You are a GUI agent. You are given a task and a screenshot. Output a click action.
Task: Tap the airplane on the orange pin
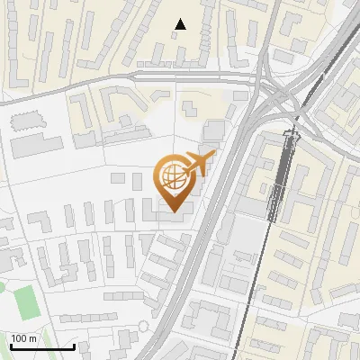click(x=197, y=164)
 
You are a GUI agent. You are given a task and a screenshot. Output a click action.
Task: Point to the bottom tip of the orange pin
click(x=171, y=212)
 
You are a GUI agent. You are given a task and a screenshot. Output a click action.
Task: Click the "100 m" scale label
click(x=23, y=338)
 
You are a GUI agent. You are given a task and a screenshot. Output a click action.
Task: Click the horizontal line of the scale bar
click(x=41, y=347)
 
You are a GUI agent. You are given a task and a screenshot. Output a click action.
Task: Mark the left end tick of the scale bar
click(x=10, y=346)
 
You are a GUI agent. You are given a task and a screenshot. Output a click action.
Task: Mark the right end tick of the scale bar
click(x=74, y=346)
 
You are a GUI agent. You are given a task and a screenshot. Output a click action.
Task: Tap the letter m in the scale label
click(x=32, y=338)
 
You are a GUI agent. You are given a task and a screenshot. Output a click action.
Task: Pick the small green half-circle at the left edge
click(x=3, y=288)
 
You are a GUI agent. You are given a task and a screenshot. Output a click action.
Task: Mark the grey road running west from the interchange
click(x=135, y=76)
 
